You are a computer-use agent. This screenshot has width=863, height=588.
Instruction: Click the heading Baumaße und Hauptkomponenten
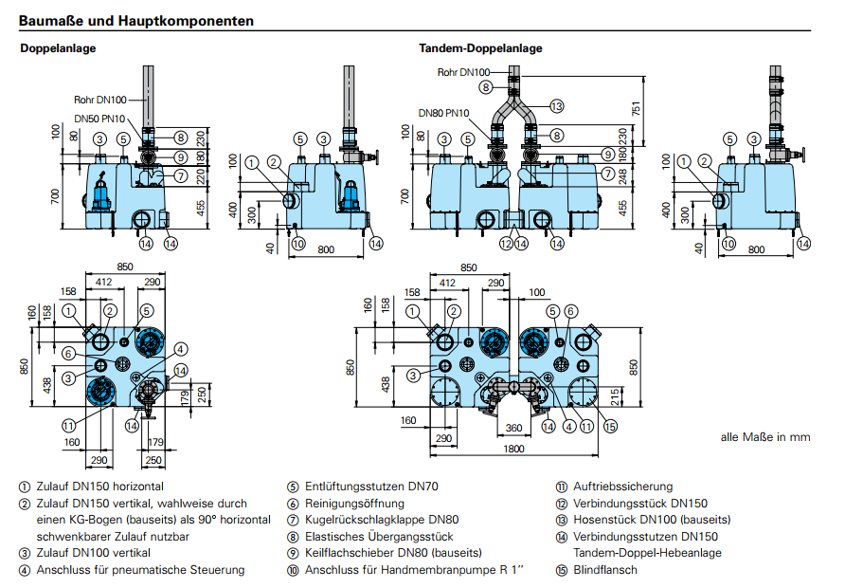[135, 20]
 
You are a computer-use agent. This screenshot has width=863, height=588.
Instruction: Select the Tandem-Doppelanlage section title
[480, 48]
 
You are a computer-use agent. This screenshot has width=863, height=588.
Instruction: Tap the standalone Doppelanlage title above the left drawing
[58, 48]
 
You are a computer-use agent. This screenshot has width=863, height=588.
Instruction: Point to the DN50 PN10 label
[99, 119]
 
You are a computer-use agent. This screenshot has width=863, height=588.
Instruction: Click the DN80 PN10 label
[445, 113]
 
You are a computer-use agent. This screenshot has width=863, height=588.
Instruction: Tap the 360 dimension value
[515, 429]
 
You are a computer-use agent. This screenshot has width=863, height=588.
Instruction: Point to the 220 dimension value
[201, 175]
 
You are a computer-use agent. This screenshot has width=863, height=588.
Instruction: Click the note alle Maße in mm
[765, 437]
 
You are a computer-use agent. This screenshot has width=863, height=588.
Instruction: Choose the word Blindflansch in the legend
[605, 570]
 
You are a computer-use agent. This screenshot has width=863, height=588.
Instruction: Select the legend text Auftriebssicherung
[622, 487]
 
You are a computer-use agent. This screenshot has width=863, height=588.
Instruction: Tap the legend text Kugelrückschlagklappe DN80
[382, 520]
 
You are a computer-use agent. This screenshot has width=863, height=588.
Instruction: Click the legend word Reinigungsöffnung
[354, 504]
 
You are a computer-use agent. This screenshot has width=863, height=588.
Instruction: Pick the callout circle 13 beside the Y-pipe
[557, 105]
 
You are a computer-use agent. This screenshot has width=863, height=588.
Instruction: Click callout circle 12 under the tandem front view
[506, 244]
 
